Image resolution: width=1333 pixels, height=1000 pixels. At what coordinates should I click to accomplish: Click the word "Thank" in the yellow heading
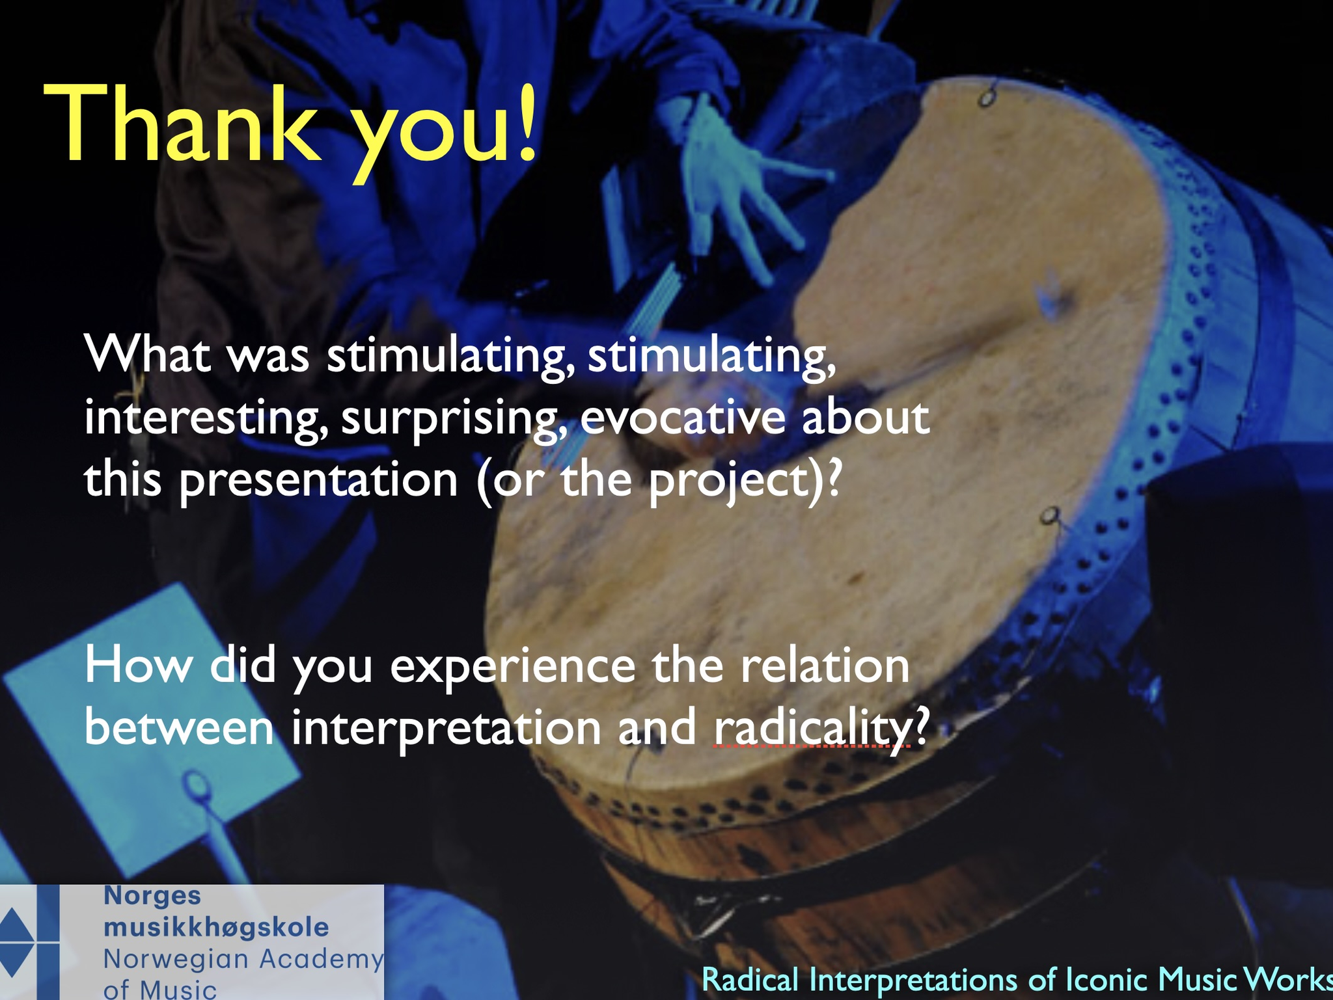click(183, 124)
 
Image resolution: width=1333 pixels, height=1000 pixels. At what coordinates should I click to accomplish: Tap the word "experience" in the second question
click(513, 668)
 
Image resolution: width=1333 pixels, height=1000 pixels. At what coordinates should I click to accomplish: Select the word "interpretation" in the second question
click(446, 729)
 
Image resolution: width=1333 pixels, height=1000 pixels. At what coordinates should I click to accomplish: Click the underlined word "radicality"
click(812, 729)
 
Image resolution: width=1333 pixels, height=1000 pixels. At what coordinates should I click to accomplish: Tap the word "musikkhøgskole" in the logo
click(216, 928)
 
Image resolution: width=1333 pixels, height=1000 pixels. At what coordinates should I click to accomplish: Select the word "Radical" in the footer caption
click(750, 980)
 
